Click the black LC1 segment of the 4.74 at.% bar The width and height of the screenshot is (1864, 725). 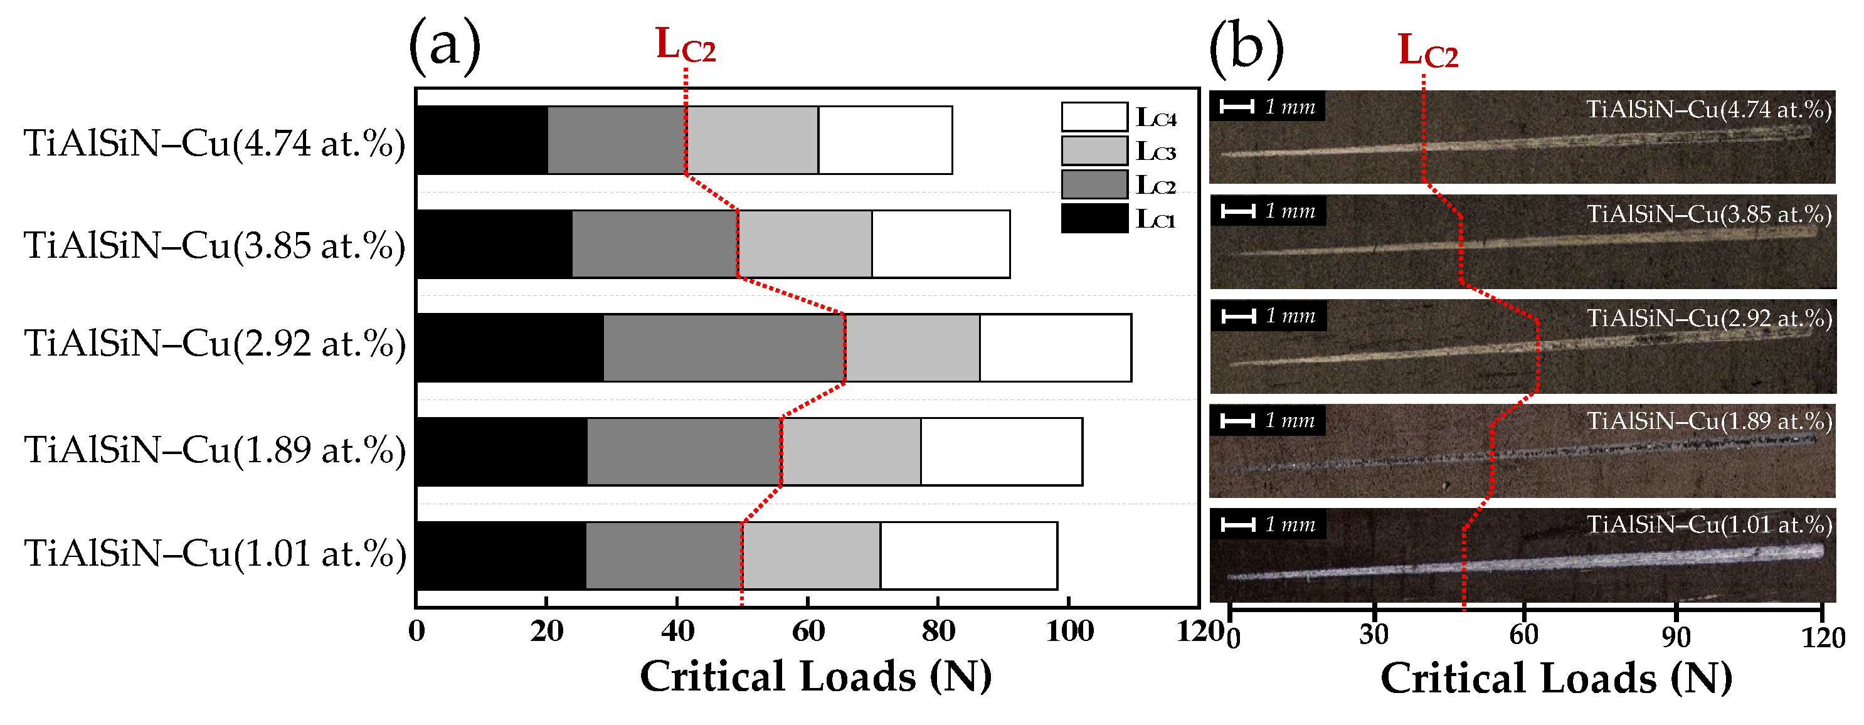482,140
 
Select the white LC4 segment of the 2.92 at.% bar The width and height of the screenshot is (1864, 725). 1055,348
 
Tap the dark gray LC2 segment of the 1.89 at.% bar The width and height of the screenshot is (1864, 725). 684,452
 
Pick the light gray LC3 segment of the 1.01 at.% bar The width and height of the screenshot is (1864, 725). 811,556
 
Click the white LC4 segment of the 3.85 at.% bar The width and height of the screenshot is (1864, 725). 941,244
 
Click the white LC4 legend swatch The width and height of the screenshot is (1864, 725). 1094,117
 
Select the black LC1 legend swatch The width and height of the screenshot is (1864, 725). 1094,218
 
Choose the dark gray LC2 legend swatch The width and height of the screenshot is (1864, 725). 1094,184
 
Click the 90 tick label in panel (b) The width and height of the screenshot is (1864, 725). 1676,637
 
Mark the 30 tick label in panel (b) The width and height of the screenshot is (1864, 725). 1374,635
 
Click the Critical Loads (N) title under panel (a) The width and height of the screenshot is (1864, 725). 815,677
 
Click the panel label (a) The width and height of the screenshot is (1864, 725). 444,45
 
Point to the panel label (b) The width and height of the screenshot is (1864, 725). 1246,48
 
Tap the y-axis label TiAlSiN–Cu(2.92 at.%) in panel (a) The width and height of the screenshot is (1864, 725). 215,344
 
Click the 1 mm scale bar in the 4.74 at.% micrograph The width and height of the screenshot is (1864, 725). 1237,107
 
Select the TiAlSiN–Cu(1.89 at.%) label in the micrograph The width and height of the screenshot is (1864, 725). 1709,421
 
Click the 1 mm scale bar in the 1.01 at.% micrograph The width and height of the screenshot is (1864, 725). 1238,524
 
